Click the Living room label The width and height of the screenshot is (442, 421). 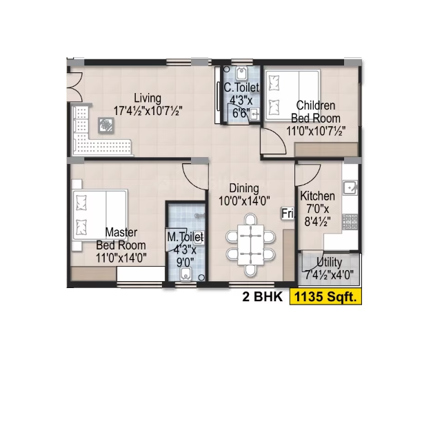pyautogui.click(x=148, y=99)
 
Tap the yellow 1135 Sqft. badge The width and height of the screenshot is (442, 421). pyautogui.click(x=325, y=296)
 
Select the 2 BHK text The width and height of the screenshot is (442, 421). pyautogui.click(x=262, y=296)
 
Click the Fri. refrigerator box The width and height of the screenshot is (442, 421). pyautogui.click(x=288, y=214)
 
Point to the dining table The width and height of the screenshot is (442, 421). pyautogui.click(x=250, y=245)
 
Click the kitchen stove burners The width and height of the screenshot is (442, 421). pyautogui.click(x=350, y=222)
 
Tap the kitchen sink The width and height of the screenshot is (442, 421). pyautogui.click(x=350, y=187)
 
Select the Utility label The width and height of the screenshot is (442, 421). pyautogui.click(x=329, y=262)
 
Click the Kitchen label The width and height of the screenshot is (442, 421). pyautogui.click(x=317, y=196)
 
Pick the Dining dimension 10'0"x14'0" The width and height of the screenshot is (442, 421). pyautogui.click(x=244, y=201)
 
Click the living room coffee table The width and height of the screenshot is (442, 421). pyautogui.click(x=106, y=125)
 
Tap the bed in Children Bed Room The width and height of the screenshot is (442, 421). pyautogui.click(x=292, y=96)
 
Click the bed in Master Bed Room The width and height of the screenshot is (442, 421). pyautogui.click(x=100, y=214)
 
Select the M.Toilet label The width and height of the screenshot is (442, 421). pyautogui.click(x=185, y=237)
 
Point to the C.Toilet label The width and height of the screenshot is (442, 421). pyautogui.click(x=241, y=88)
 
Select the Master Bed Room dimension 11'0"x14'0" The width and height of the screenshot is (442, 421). pyautogui.click(x=121, y=258)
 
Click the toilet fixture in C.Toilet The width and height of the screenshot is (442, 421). pyautogui.click(x=241, y=74)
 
